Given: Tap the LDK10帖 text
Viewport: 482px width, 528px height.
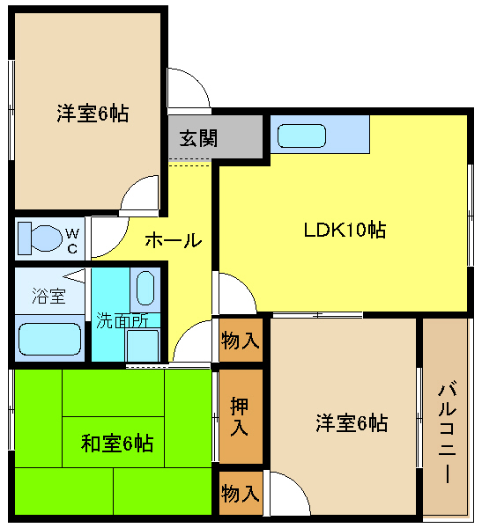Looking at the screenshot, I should click(345, 231).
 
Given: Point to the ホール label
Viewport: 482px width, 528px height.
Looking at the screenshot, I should click(173, 239).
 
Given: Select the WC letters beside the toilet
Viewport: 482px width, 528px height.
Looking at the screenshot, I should click(73, 240).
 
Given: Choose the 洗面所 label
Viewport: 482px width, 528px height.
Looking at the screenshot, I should click(122, 320).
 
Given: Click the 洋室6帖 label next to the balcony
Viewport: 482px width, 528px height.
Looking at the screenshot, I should click(351, 423).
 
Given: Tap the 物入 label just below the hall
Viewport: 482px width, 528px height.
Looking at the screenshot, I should click(241, 341).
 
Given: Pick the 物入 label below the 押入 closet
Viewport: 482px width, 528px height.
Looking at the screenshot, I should click(241, 493).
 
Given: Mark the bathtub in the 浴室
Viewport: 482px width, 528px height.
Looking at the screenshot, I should click(49, 340).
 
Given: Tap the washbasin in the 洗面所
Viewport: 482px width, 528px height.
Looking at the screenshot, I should click(146, 288).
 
